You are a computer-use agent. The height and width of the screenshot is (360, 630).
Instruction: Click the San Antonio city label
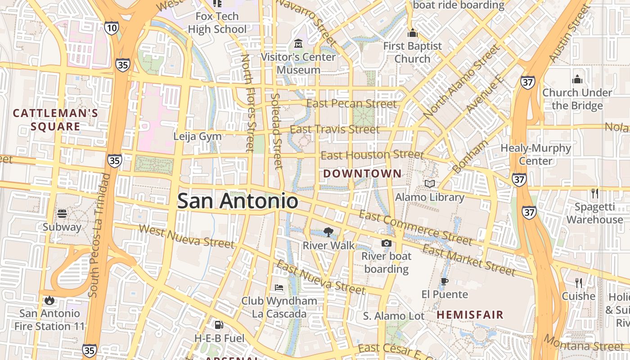238,201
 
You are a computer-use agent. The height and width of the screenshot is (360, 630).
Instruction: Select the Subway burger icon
62,213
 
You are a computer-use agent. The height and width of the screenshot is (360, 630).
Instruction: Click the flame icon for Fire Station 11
49,300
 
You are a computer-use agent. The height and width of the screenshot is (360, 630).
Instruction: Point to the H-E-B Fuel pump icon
219,324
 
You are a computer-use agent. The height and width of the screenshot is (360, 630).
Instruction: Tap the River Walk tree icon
328,232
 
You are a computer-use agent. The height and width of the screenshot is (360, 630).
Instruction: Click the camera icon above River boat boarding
386,243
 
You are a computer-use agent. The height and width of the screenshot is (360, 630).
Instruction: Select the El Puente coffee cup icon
445,282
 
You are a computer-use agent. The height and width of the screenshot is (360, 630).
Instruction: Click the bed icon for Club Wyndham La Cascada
279,287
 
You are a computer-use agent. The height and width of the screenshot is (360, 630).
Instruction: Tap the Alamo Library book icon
430,184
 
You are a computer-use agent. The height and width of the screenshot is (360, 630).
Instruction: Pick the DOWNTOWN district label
362,173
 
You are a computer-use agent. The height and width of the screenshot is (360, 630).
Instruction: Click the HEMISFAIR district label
470,315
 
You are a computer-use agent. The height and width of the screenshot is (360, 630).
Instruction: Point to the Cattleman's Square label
55,119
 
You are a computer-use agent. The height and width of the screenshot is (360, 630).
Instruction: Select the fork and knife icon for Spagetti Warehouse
595,193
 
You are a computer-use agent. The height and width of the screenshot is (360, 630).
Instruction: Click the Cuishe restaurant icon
579,283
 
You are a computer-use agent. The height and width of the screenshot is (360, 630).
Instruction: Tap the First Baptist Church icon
412,33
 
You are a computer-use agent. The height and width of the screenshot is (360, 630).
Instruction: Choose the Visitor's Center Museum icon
298,44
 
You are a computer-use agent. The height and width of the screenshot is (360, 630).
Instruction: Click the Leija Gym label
198,136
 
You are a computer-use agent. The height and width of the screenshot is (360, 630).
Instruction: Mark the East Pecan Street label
351,103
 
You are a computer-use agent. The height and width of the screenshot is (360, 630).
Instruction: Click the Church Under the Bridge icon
577,80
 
